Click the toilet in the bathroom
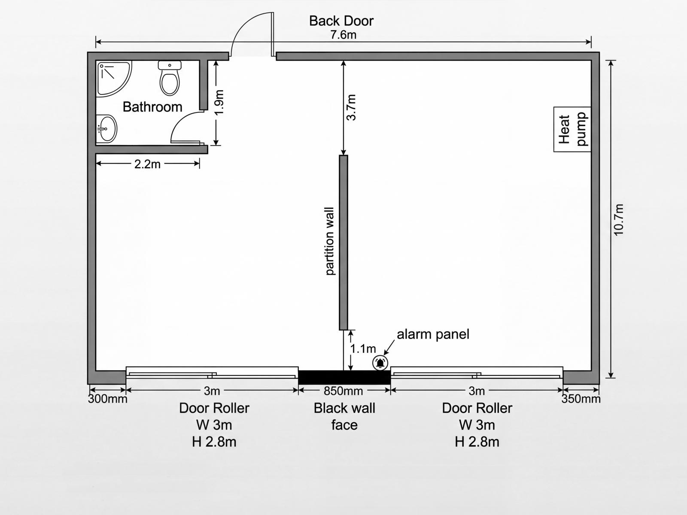pos(170,79)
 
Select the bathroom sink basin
pos(106,128)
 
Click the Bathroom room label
pos(152,107)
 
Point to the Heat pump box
pos(572,129)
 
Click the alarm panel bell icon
pos(380,363)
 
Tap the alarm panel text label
pos(433,334)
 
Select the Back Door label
pos(341,21)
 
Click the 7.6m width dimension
pos(343,35)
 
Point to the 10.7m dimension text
pos(618,219)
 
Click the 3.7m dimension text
pos(351,107)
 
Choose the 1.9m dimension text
pos(219,102)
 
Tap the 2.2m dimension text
pos(147,164)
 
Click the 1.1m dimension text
pos(363,349)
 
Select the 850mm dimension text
pos(343,391)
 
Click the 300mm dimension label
pos(108,399)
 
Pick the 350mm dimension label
pos(581,399)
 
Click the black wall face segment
pos(344,377)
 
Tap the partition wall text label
pos(330,241)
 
